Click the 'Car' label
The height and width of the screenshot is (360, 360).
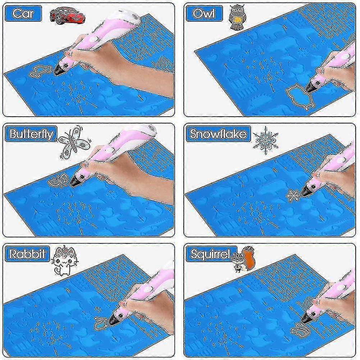click(23, 14)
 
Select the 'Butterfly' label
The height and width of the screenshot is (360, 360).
click(31, 134)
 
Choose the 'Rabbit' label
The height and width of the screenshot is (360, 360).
click(27, 254)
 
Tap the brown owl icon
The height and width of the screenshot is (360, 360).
click(236, 17)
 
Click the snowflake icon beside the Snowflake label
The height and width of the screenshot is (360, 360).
click(265, 139)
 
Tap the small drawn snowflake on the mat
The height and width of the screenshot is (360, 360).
click(293, 195)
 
